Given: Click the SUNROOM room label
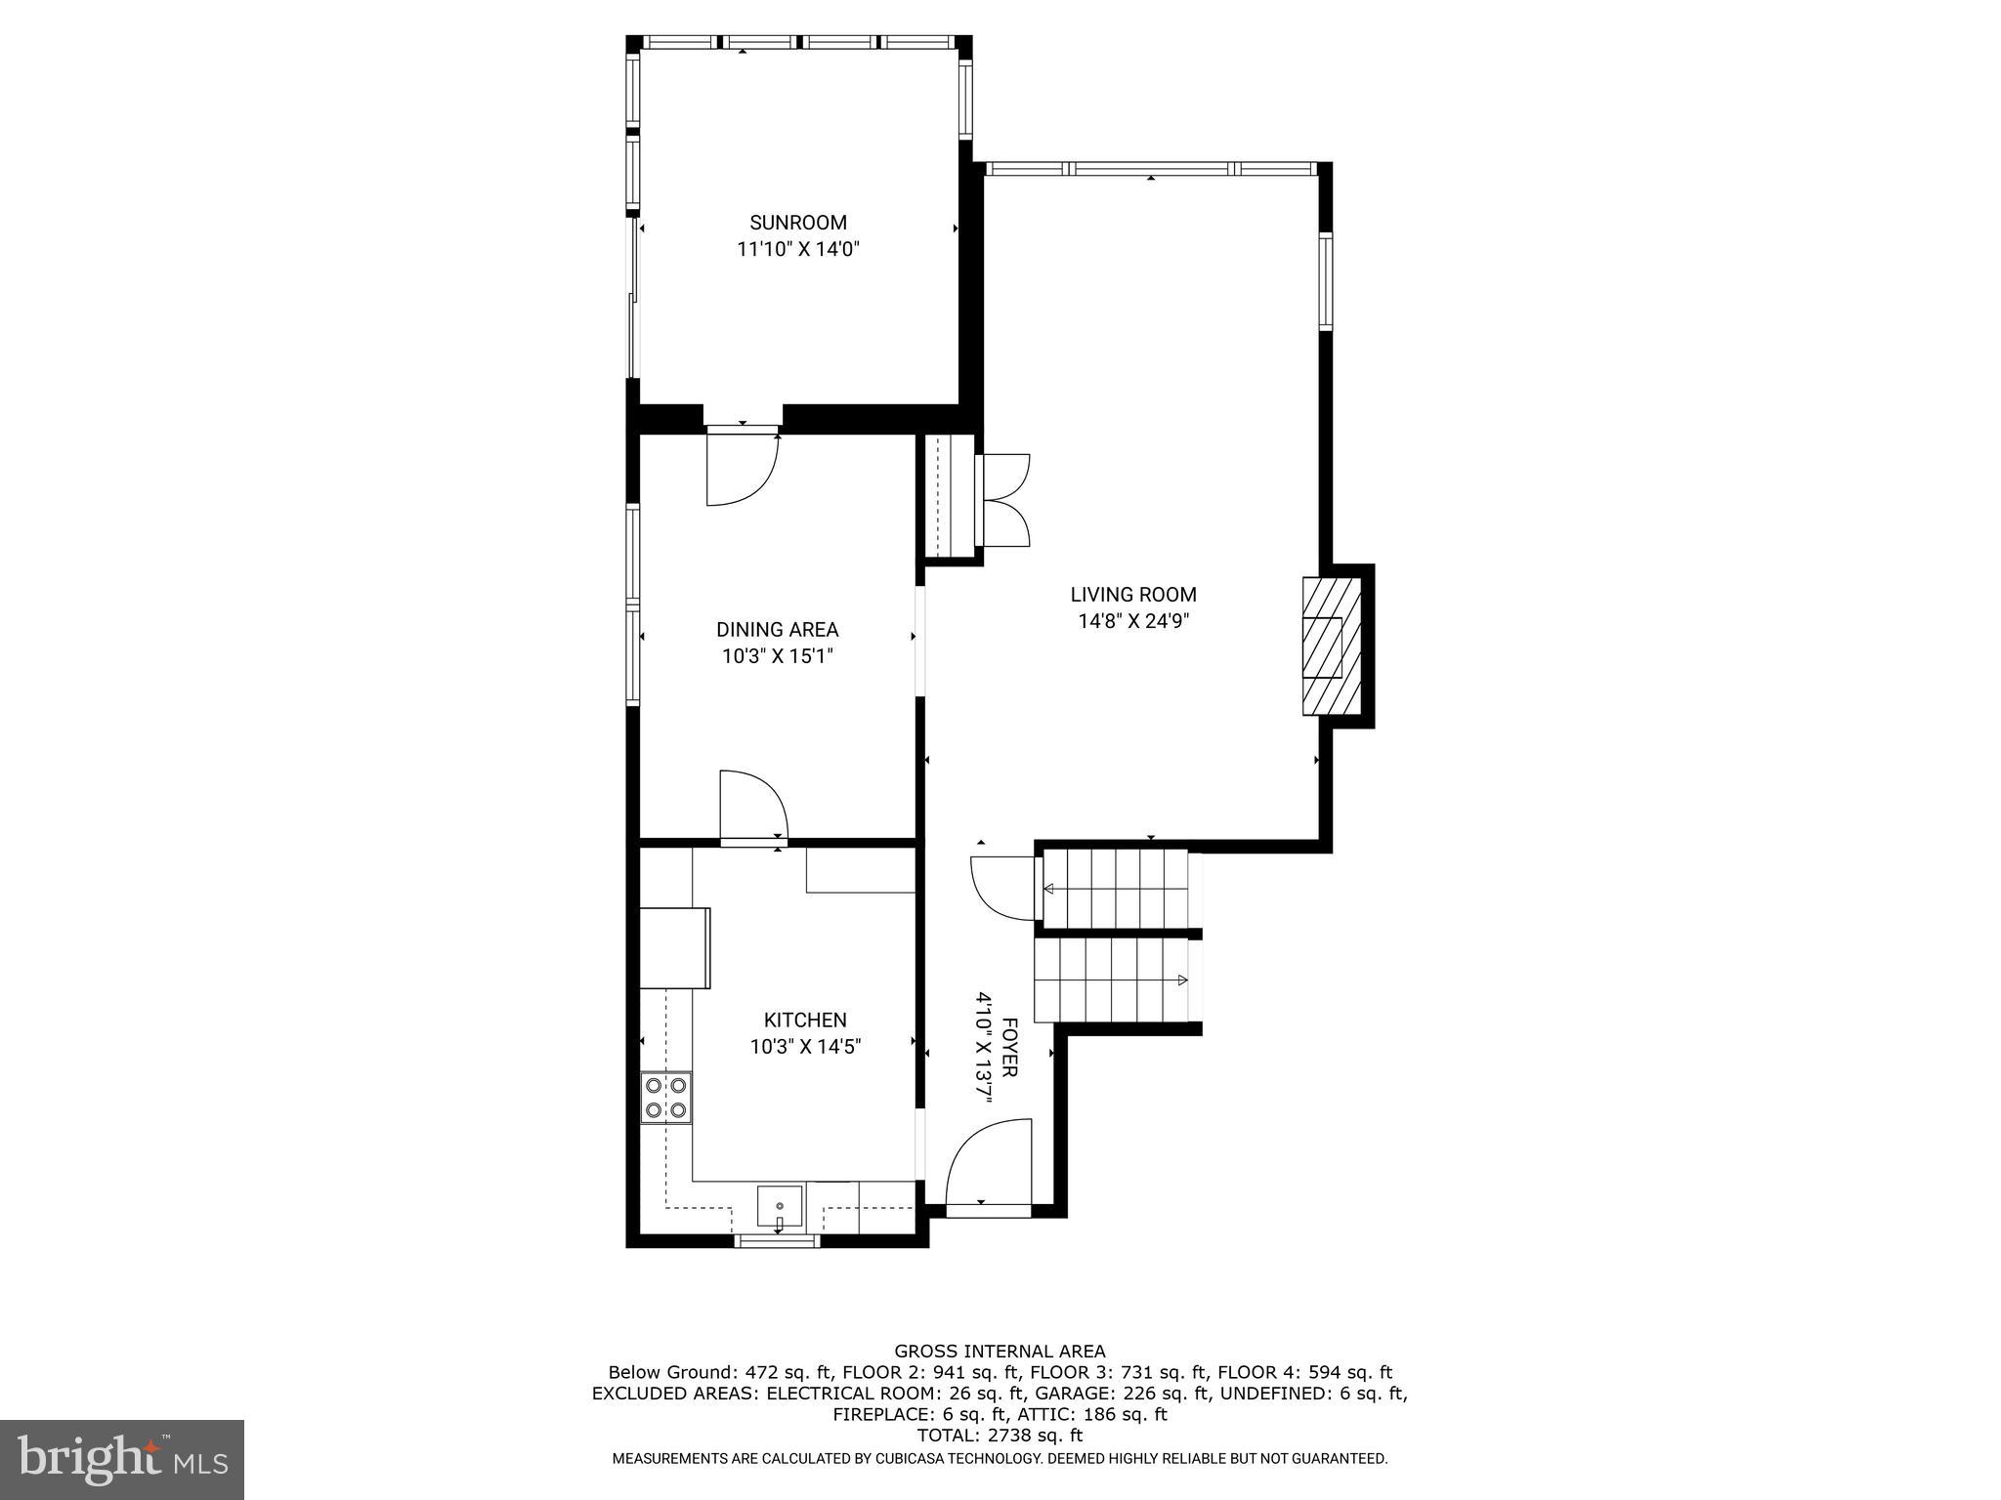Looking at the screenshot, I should tap(797, 223).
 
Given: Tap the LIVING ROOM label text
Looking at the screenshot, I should tap(1132, 594).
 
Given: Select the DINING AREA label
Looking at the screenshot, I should tap(777, 630).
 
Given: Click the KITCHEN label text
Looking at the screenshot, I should tap(804, 1020).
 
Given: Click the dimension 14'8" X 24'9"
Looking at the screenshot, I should tap(1132, 621).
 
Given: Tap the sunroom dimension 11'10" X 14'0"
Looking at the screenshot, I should tap(797, 250).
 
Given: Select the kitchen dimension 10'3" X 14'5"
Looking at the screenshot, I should tap(804, 1047).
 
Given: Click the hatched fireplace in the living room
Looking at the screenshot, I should tap(1331, 646).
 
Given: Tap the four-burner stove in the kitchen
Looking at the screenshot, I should tap(665, 1097).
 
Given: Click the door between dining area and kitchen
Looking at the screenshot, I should tap(752, 806).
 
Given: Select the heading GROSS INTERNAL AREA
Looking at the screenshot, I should tap(1000, 1352).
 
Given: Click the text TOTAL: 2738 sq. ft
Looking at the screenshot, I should tap(1000, 1436).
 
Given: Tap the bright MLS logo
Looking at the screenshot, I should tap(122, 1460).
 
